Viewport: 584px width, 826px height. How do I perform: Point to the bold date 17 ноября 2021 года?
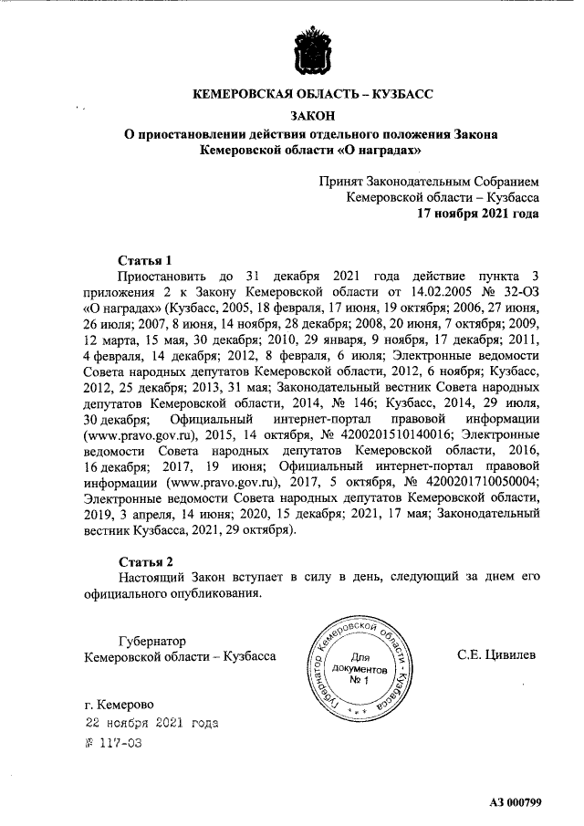pyautogui.click(x=477, y=213)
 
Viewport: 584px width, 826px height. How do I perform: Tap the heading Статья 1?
pyautogui.click(x=145, y=258)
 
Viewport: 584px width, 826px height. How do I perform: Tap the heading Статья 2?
pyautogui.click(x=145, y=560)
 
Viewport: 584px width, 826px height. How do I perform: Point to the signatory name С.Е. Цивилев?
pyautogui.click(x=497, y=655)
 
